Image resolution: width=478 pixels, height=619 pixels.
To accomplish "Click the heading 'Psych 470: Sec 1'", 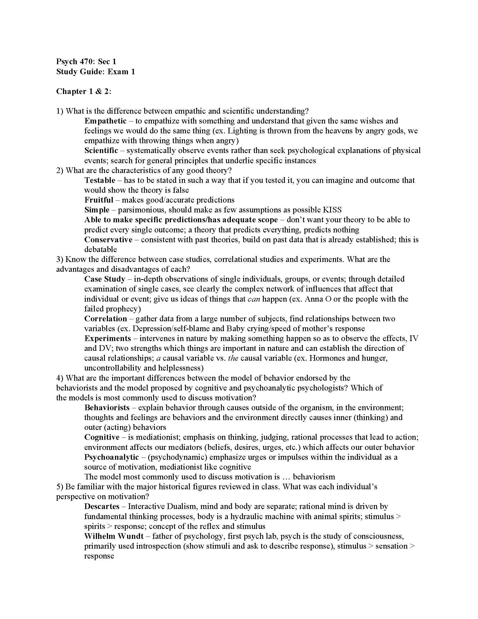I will click(x=86, y=62).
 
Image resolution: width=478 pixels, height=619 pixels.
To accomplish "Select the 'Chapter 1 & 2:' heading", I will click(x=84, y=91).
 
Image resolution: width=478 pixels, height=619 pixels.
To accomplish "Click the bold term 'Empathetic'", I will click(x=105, y=121).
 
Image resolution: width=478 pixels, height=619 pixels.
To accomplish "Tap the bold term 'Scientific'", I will click(x=101, y=151).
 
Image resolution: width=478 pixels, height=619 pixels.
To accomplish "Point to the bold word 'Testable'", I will click(x=100, y=180).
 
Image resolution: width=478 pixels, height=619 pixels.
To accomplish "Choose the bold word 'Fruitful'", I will click(x=98, y=200).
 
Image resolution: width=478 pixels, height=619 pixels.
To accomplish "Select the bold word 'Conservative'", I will click(x=108, y=240).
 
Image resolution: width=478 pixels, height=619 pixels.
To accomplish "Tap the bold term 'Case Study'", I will click(x=105, y=279).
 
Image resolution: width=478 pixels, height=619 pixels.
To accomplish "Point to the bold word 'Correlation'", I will click(x=106, y=319).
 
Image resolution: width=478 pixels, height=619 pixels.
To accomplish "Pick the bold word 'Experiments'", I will click(x=108, y=338).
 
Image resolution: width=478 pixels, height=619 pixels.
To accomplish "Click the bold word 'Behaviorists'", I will click(x=107, y=408).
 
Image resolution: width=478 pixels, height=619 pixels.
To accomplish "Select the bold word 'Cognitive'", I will click(x=102, y=437).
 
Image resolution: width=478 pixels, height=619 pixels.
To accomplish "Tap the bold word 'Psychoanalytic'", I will click(x=112, y=457).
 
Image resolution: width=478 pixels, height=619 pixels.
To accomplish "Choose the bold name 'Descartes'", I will click(x=102, y=506).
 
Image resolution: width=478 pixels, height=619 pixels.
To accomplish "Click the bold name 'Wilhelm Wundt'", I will click(x=114, y=536).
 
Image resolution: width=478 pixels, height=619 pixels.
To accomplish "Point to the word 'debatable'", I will click(x=101, y=250).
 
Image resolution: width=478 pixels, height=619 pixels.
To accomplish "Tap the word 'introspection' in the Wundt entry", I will click(x=158, y=546).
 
